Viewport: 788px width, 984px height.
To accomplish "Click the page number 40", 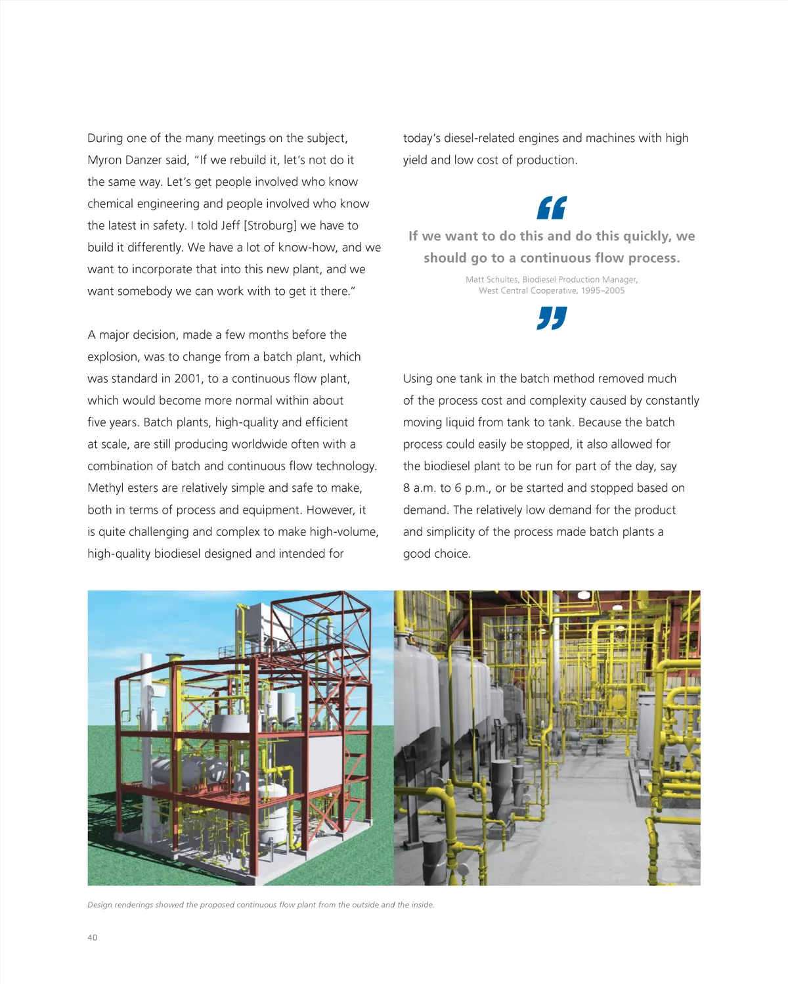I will point(92,937).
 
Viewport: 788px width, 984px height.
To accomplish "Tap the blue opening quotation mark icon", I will point(552,208).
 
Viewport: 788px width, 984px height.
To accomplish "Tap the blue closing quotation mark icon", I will point(552,318).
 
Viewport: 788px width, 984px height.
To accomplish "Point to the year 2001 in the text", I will point(188,379).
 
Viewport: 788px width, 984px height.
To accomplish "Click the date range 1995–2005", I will point(603,290).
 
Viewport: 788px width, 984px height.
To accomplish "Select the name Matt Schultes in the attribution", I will point(491,279).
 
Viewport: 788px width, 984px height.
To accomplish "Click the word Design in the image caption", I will point(100,905).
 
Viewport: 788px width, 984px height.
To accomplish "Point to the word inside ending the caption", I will point(422,905).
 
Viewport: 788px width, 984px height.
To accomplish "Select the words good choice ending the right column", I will point(436,554).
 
